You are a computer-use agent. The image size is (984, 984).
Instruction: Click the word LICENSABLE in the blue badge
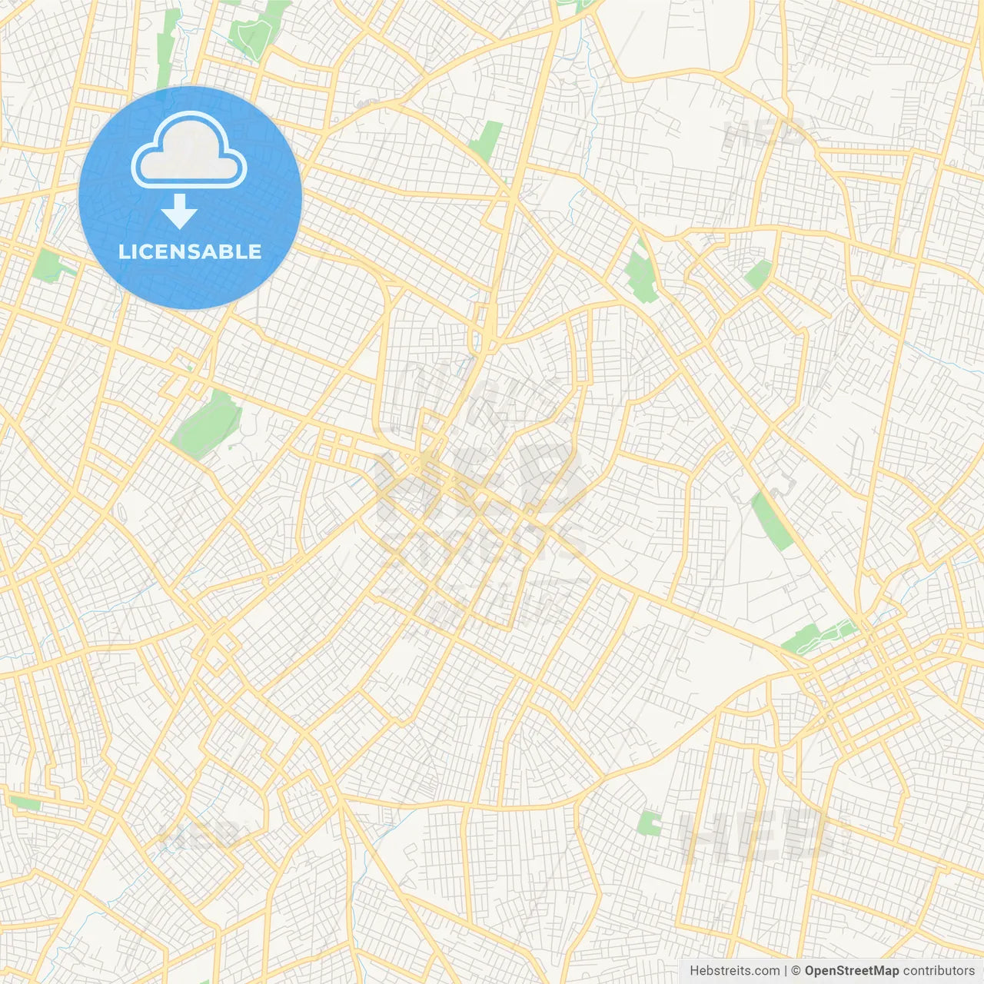[x=190, y=251]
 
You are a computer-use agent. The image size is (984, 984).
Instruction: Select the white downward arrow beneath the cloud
[x=180, y=211]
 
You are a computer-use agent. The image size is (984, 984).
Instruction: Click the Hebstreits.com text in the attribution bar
[x=734, y=971]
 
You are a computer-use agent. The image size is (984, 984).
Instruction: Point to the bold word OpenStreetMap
[x=851, y=971]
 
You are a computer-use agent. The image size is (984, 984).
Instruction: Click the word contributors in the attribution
[x=938, y=971]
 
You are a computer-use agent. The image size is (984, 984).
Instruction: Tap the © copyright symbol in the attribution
[x=796, y=971]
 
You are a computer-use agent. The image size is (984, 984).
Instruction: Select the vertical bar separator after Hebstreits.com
[x=786, y=971]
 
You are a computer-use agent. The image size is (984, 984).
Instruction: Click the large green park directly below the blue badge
[x=206, y=423]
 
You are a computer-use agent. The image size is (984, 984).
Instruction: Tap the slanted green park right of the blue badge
[x=486, y=140]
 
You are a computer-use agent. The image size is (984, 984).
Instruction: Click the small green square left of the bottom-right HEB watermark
[x=650, y=823]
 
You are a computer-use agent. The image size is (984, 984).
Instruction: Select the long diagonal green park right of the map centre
[x=772, y=521]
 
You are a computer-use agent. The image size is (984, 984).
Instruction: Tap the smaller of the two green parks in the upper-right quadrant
[x=757, y=274]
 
